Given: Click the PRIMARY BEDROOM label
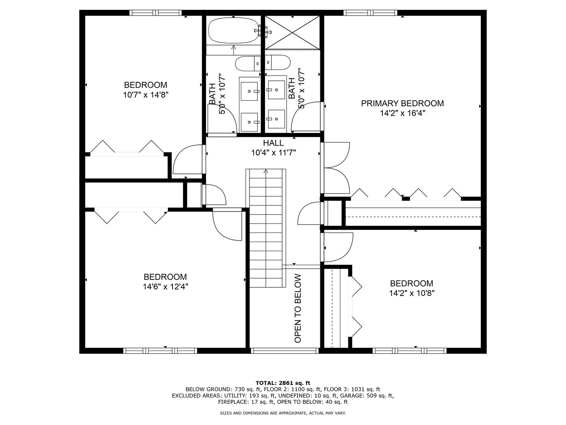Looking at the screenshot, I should point(402,103).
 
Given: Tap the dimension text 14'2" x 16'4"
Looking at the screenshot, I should point(402,113).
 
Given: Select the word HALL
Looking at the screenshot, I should point(273,143).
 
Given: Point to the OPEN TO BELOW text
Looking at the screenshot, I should point(298,308).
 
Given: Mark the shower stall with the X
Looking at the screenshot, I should point(292,33).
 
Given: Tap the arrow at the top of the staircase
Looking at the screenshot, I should point(266,172).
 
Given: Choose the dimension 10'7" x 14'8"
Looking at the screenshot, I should point(145,95).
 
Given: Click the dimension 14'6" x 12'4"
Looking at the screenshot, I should point(165,287).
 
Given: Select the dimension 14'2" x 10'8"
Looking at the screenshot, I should point(412,293).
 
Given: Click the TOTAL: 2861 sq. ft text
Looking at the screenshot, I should point(283,382).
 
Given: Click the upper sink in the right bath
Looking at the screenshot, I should point(276,90).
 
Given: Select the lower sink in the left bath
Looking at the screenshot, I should point(249,122).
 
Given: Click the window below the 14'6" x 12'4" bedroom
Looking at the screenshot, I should point(160,351).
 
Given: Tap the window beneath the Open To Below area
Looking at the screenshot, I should point(285,351).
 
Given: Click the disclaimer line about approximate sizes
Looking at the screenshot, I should point(283,413).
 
